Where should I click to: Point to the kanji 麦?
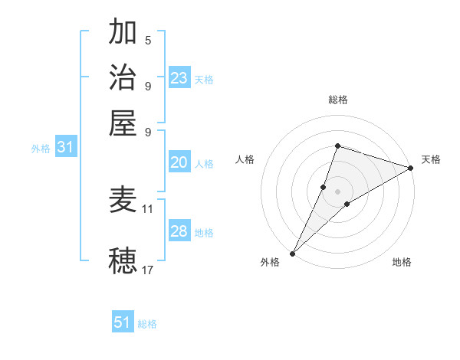pyautogui.click(x=123, y=200)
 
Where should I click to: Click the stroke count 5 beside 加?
pyautogui.click(x=148, y=40)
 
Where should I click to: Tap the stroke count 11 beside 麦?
pyautogui.click(x=148, y=208)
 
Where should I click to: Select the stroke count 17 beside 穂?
pyautogui.click(x=148, y=269)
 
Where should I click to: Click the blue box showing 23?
pyautogui.click(x=179, y=78)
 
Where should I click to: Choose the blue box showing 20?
pyautogui.click(x=179, y=162)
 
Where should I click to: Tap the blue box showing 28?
pyautogui.click(x=179, y=231)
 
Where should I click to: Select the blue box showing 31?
pyautogui.click(x=65, y=148)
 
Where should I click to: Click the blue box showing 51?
pyautogui.click(x=123, y=322)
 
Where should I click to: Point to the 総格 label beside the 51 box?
pyautogui.click(x=147, y=324)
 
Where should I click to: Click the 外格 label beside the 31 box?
pyautogui.click(x=41, y=149)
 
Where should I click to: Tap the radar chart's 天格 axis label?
pyautogui.click(x=432, y=159)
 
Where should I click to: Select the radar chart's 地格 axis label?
pyautogui.click(x=402, y=262)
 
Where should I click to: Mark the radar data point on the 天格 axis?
pyautogui.click(x=411, y=169)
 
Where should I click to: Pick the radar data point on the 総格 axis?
pyautogui.click(x=337, y=146)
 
